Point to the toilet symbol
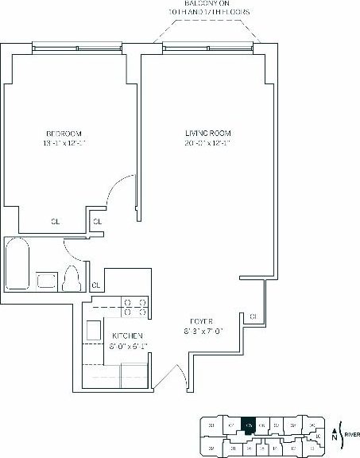(71, 279)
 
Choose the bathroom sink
(45, 280)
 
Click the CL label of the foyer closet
(254, 316)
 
